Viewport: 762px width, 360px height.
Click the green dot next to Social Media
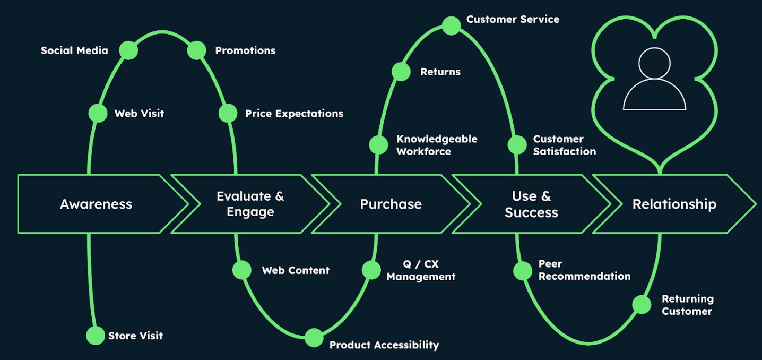pyautogui.click(x=128, y=50)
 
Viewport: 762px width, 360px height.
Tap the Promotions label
pyautogui.click(x=245, y=51)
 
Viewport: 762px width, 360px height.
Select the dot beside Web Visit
pyautogui.click(x=98, y=113)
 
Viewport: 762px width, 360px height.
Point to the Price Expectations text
pyautogui.click(x=294, y=114)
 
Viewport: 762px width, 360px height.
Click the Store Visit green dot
pyautogui.click(x=96, y=336)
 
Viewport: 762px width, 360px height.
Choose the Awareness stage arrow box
pyautogui.click(x=96, y=204)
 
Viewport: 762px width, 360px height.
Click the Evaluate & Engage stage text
pyautogui.click(x=250, y=204)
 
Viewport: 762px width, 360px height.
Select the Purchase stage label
pyautogui.click(x=391, y=204)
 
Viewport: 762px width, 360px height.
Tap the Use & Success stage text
pyautogui.click(x=531, y=204)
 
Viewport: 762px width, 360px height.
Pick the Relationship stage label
pyautogui.click(x=674, y=204)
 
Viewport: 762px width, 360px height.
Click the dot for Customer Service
pyautogui.click(x=452, y=25)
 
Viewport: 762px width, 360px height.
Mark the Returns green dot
pyautogui.click(x=401, y=72)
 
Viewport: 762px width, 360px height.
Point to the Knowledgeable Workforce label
pyautogui.click(x=437, y=145)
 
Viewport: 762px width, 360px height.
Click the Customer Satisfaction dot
pyautogui.click(x=517, y=145)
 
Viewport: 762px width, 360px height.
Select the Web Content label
pyautogui.click(x=296, y=270)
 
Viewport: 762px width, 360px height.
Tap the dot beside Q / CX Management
pyautogui.click(x=371, y=270)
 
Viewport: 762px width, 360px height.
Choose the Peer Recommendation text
pyautogui.click(x=584, y=270)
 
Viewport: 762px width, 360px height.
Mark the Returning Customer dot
pyautogui.click(x=642, y=305)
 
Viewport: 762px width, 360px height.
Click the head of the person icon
pyautogui.click(x=654, y=63)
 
